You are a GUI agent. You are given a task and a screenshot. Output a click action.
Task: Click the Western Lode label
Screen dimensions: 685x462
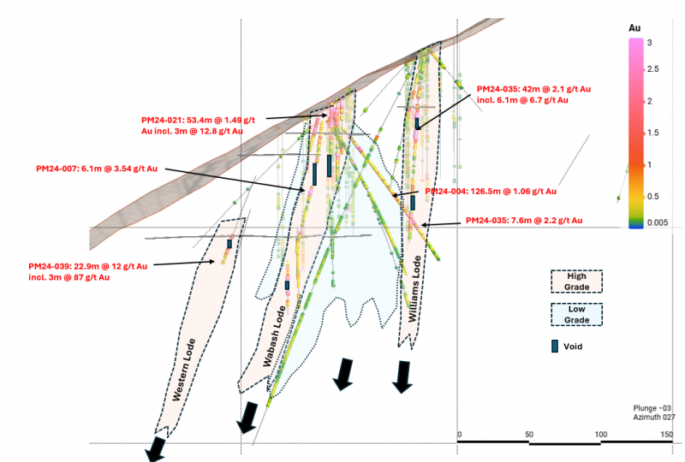[183, 370]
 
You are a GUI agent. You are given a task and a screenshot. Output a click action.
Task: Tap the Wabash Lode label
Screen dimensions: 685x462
[274, 335]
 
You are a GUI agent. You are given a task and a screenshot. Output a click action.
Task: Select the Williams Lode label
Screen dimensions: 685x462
[414, 288]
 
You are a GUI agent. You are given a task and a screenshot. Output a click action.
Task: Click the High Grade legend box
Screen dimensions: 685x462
[576, 281]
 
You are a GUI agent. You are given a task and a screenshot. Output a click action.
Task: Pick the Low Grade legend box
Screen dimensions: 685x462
[576, 314]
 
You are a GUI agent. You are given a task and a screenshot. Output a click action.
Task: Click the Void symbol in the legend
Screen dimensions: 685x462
[555, 346]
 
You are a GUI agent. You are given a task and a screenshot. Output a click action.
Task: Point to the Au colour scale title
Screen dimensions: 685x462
[634, 28]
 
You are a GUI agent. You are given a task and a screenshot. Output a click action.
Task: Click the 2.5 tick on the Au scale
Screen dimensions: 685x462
[652, 69]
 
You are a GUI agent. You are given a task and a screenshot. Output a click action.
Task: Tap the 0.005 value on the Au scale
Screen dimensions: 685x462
[658, 222]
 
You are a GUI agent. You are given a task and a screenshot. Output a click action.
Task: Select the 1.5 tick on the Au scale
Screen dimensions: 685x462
[652, 133]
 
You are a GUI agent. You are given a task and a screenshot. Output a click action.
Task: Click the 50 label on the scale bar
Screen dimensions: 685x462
[529, 435]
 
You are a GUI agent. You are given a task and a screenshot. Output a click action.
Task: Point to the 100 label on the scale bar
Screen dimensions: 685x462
[601, 435]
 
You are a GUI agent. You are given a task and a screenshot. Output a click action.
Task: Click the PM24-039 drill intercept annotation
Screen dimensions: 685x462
[88, 271]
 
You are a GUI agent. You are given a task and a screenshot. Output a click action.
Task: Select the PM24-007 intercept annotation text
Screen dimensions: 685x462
[97, 169]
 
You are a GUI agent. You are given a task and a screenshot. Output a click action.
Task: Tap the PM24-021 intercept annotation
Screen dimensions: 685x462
[198, 125]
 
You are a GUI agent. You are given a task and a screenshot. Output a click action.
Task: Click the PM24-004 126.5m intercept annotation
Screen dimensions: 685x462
[491, 192]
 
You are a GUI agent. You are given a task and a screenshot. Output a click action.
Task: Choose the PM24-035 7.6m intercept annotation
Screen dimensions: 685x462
[524, 221]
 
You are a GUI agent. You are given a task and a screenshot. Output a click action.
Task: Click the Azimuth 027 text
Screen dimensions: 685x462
[654, 417]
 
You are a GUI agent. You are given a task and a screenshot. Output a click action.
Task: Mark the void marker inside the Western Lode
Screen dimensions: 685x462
[229, 244]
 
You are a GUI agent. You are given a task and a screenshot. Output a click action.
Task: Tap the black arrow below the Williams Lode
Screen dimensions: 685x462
[402, 377]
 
